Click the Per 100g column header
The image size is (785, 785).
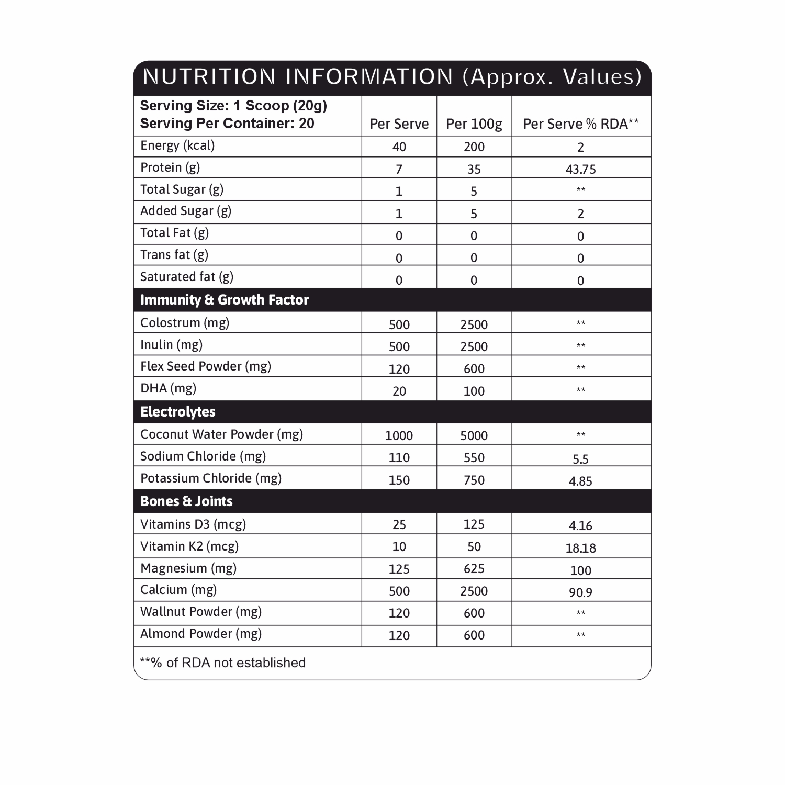[474, 124]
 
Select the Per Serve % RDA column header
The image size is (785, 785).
[580, 124]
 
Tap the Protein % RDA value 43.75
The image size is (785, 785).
[580, 169]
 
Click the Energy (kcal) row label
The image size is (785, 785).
[177, 145]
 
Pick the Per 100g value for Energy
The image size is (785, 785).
[474, 147]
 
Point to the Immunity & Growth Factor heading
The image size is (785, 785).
[224, 300]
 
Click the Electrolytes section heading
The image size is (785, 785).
[177, 412]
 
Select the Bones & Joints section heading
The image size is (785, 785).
[186, 501]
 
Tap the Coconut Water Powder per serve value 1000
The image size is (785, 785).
[399, 435]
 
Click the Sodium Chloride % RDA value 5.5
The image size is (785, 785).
[580, 459]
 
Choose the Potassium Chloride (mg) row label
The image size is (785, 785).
[210, 478]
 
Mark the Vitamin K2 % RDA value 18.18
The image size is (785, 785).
[580, 548]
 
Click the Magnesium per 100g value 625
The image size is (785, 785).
[474, 569]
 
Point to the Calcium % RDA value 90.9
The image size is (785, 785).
[580, 592]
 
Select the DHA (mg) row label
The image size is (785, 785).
[168, 388]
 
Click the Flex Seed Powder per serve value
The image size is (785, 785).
[399, 369]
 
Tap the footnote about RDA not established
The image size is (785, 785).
[222, 663]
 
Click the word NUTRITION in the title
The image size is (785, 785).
[209, 77]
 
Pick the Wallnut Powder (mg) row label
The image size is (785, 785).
[200, 612]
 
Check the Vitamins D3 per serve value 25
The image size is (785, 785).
[399, 524]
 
